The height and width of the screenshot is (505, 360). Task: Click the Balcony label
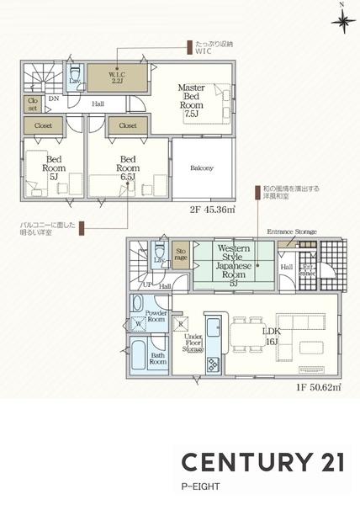[201, 167]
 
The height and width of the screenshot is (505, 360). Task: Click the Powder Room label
[157, 316]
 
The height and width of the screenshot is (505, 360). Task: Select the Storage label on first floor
[180, 252]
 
